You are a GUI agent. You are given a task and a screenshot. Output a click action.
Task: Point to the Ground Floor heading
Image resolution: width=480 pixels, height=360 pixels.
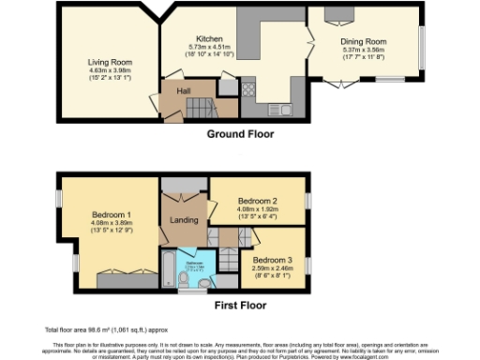click(x=239, y=134)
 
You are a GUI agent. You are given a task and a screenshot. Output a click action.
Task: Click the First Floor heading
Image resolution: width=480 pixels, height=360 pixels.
click(x=239, y=306)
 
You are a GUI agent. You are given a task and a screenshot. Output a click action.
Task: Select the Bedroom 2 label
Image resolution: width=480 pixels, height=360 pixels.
click(x=257, y=201)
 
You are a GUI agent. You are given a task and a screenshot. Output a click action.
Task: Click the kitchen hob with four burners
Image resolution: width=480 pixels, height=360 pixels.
click(x=249, y=90)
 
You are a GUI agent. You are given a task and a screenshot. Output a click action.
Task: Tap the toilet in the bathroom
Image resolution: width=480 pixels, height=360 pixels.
click(x=183, y=278)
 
